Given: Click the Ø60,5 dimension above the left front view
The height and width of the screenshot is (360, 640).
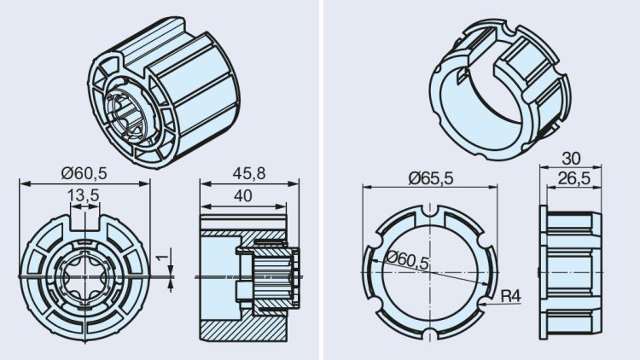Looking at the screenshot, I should (x=84, y=173).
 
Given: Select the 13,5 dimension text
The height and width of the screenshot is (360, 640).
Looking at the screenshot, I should (x=84, y=195).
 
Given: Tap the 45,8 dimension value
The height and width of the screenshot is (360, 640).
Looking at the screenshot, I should (x=249, y=173).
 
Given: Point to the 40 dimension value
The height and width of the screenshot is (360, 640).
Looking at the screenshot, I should (x=243, y=195).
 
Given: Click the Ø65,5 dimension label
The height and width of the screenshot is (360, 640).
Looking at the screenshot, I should (x=430, y=177).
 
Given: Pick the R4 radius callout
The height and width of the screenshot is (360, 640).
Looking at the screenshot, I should (x=510, y=296).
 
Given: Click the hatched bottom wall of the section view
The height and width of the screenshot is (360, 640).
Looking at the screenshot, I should (x=243, y=328).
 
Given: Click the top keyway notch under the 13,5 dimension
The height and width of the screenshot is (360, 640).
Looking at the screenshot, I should (x=84, y=224).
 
